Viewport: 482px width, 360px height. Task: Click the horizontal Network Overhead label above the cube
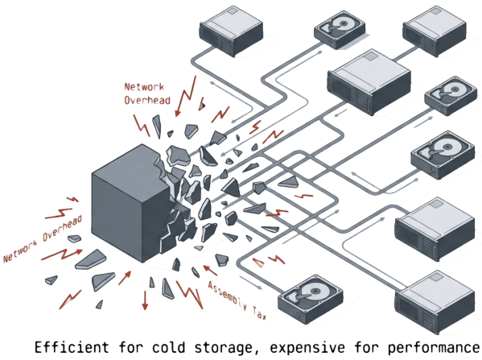(145, 93)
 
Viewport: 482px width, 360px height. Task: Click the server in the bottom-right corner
(435, 302)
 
